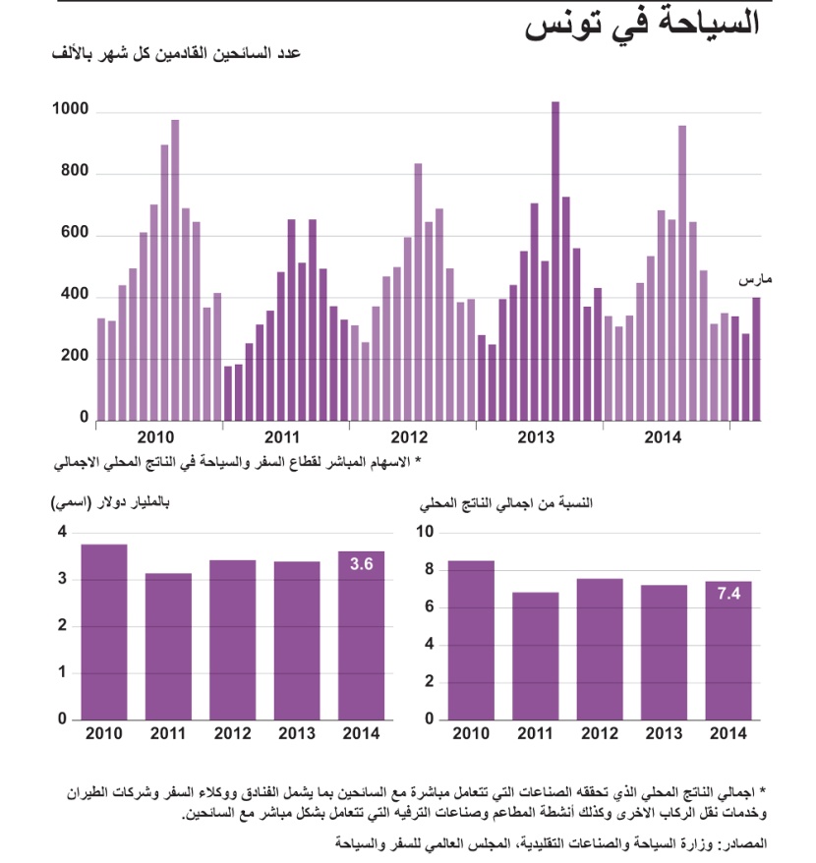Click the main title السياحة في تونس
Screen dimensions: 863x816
coord(644,24)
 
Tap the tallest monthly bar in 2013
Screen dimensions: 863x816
coord(555,260)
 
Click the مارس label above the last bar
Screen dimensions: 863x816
coord(755,280)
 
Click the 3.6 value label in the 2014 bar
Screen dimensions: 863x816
coord(360,565)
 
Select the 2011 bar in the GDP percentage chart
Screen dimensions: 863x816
coord(535,655)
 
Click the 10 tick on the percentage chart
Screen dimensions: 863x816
coord(425,532)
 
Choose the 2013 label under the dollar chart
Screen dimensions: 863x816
coord(296,733)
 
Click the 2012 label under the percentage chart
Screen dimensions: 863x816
coord(599,733)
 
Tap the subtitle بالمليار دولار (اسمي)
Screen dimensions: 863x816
coord(109,504)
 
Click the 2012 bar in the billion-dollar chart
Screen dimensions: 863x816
coord(232,639)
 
